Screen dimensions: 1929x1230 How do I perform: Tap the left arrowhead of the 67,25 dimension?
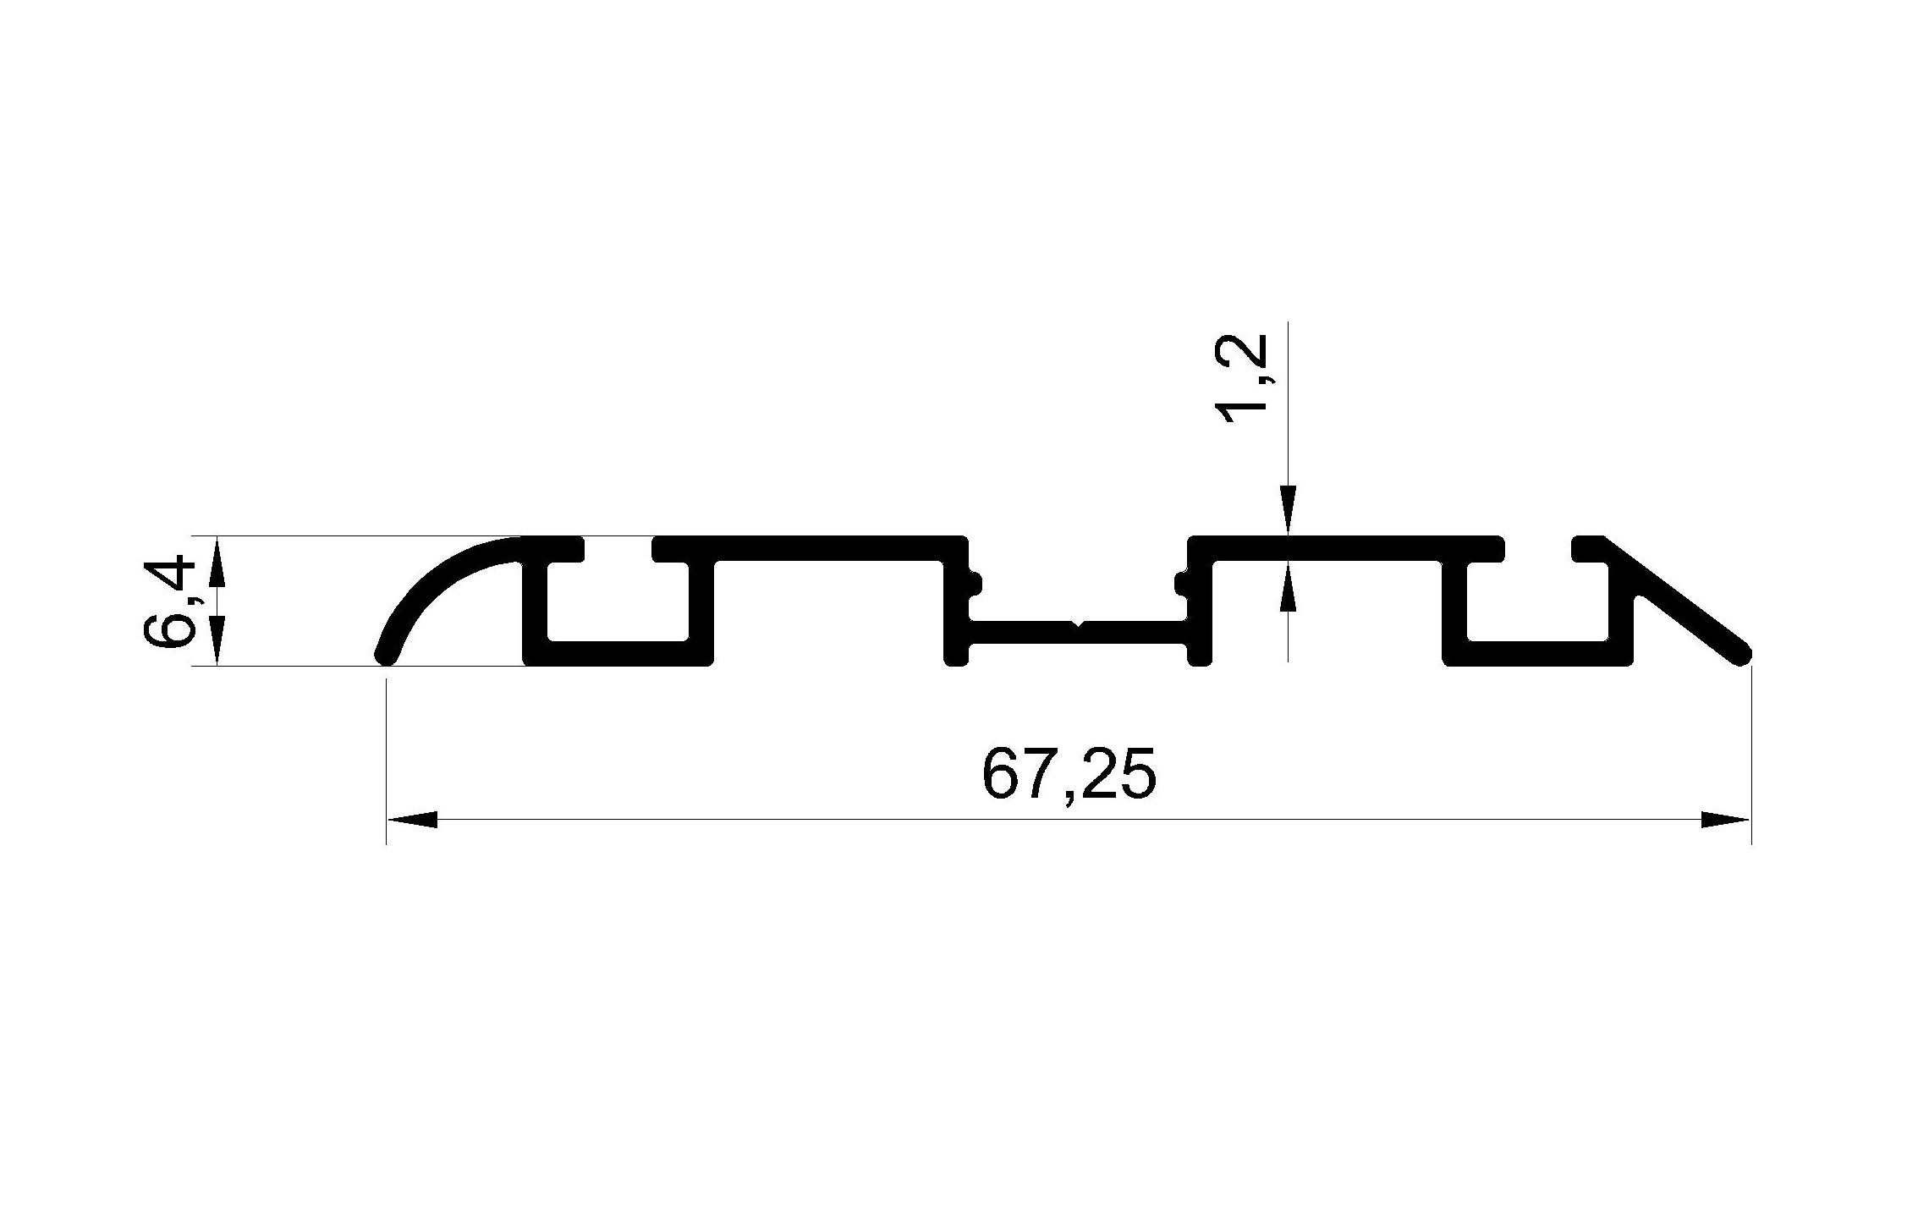[412, 819]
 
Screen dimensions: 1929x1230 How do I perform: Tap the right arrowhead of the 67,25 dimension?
[1725, 819]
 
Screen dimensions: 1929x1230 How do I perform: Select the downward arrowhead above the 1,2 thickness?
[1288, 511]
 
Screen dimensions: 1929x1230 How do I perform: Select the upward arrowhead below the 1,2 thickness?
[1288, 585]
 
